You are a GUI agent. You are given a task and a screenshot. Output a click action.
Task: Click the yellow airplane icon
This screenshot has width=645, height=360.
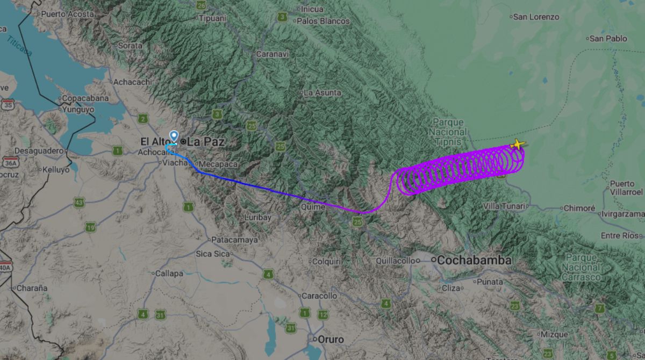pos(517,144)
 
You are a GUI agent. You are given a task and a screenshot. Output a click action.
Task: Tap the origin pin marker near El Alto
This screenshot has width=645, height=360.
pos(174,136)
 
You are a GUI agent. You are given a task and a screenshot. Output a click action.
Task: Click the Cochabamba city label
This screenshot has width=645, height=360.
pos(474,260)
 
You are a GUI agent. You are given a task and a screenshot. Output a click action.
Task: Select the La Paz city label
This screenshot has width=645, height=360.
pos(206,142)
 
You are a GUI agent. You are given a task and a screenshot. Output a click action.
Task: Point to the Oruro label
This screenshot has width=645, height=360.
pos(331,339)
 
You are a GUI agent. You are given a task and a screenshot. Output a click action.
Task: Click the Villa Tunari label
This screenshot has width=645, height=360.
pos(505,206)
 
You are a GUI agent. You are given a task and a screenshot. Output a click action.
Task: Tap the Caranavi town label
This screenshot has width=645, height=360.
pos(272,54)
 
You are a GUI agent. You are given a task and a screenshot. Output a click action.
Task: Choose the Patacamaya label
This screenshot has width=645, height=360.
pos(235,240)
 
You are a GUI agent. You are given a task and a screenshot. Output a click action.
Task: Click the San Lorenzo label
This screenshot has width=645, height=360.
pos(536,17)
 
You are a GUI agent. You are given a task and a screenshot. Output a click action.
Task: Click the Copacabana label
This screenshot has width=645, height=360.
pos(85,98)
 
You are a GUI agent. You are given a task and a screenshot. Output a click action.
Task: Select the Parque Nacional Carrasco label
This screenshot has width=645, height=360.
pos(581,267)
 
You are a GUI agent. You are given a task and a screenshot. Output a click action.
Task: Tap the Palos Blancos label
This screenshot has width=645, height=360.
pos(322,21)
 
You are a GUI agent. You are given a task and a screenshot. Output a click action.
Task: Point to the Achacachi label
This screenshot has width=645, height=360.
pos(132,82)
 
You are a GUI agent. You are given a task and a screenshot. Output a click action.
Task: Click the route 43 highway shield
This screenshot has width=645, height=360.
pos(80,203)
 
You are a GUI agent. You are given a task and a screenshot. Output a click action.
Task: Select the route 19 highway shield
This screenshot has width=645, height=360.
pos(90,228)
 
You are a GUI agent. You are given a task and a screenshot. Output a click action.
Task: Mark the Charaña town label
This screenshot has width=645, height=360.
pos(32,288)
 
